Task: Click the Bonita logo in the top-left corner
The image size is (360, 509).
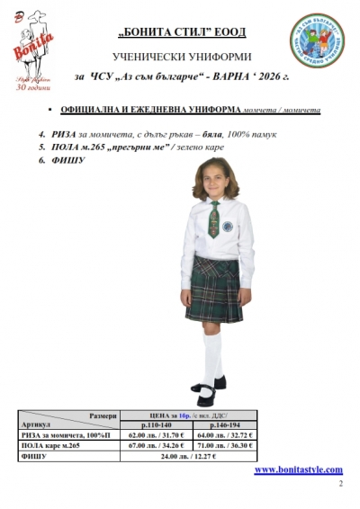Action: coord(40,49)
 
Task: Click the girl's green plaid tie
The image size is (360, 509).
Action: coord(213,217)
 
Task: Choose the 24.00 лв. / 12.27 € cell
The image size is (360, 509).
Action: coord(190,457)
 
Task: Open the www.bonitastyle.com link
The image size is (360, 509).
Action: coord(298,470)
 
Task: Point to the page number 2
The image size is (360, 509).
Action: coord(340,485)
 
